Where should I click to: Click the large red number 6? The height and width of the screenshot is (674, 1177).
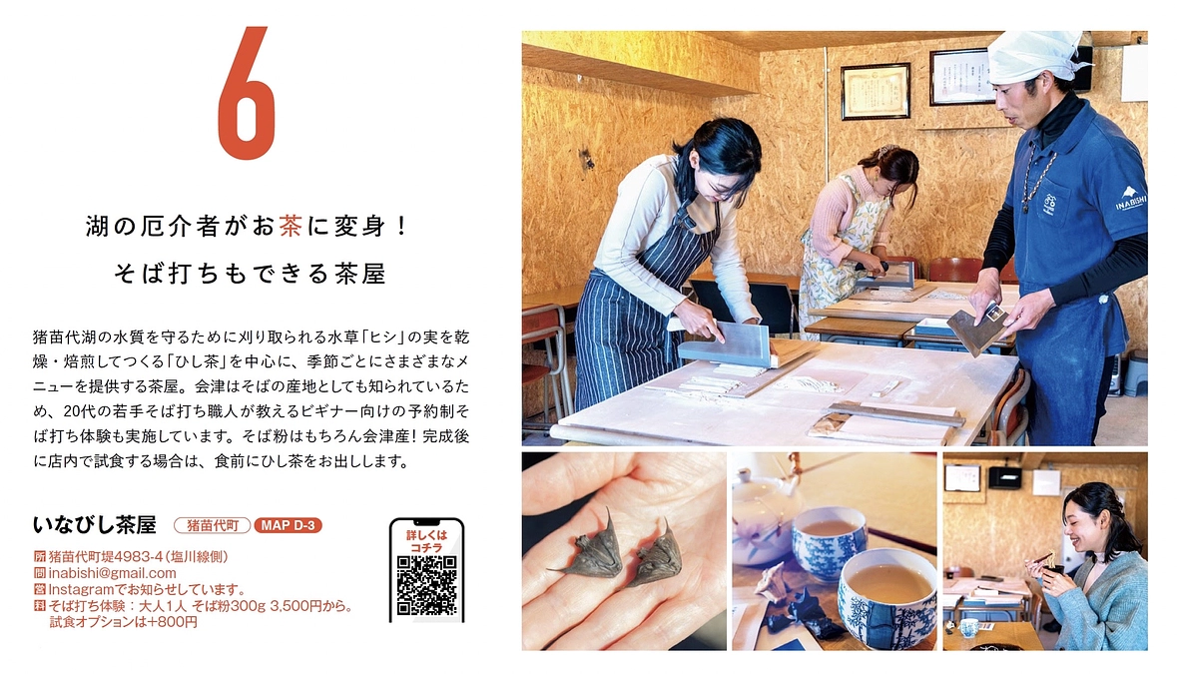[246, 94]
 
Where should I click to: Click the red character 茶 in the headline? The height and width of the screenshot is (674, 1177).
[291, 227]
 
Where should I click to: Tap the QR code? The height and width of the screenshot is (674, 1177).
[426, 584]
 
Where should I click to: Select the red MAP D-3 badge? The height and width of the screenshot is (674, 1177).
[289, 525]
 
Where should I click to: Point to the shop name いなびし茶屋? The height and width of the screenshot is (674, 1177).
[95, 524]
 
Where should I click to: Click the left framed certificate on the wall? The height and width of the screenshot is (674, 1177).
[876, 91]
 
